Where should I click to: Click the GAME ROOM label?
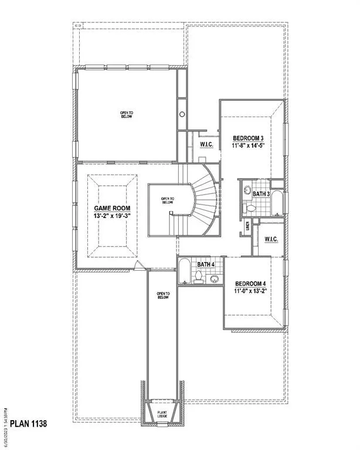click(x=113, y=208)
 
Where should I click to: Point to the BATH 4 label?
click(x=206, y=265)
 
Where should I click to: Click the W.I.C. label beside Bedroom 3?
click(x=206, y=144)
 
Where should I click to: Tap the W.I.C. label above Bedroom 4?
click(x=271, y=239)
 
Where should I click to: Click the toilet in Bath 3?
click(x=250, y=207)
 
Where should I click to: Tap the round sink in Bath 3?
click(x=247, y=191)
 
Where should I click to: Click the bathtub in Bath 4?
click(x=184, y=271)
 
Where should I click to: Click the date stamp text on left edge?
click(x=6, y=427)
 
